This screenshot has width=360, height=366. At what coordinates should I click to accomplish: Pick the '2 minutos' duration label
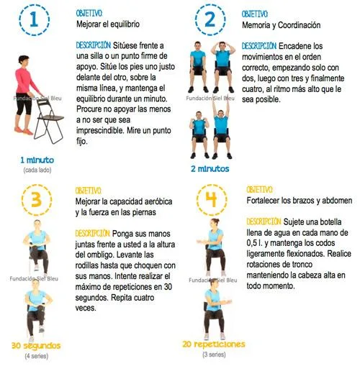[x=210, y=169]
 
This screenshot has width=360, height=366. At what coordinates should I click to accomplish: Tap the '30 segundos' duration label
[x=35, y=346]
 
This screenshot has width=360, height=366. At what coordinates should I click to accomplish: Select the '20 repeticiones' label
[x=214, y=344]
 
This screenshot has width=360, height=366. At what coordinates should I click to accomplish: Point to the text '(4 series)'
[x=35, y=355]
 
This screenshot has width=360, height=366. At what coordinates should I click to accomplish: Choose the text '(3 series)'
[x=213, y=354]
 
